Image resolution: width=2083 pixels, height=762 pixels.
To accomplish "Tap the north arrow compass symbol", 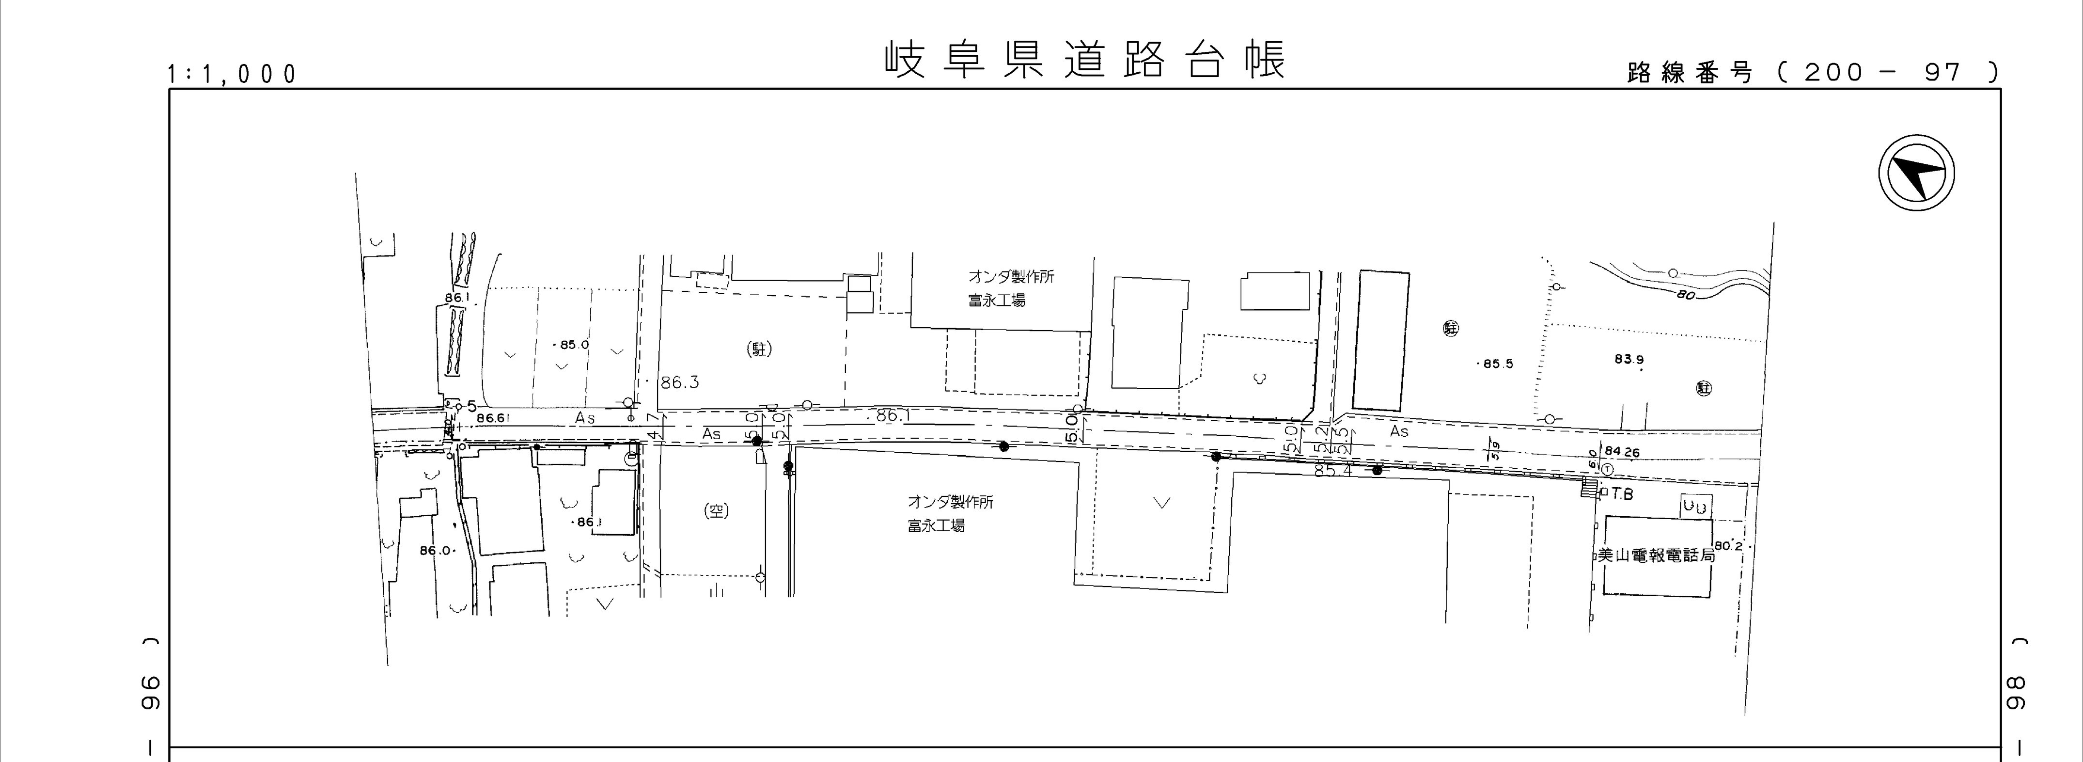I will [x=1916, y=175].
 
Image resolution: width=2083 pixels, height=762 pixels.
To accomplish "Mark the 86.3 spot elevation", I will [x=679, y=382].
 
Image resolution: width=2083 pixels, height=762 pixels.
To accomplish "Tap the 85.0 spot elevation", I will [x=573, y=345].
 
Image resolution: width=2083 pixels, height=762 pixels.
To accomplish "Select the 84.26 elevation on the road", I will [x=1622, y=452].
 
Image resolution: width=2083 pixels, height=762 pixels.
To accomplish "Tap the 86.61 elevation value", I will [x=493, y=418].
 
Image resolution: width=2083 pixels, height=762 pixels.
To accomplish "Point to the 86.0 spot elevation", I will [x=435, y=551].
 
